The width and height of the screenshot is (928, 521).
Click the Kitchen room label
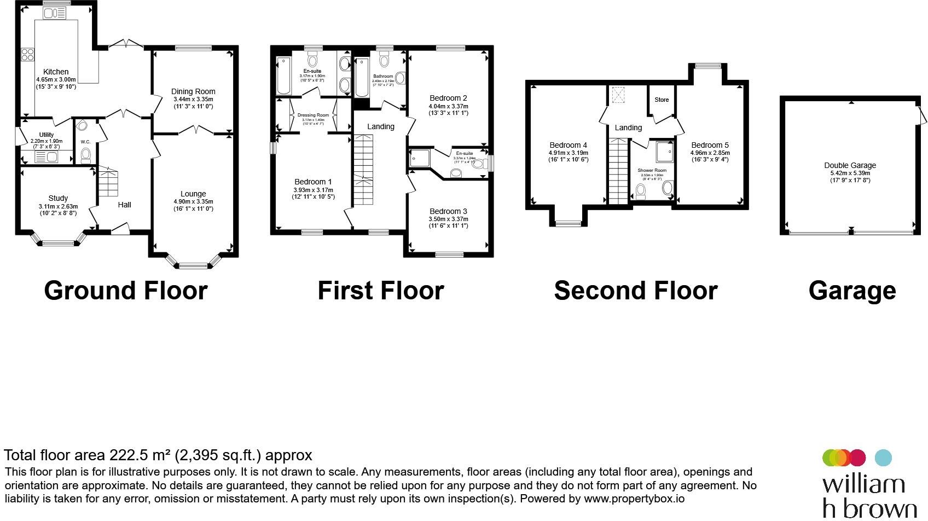[56, 72]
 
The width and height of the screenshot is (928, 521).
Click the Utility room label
[47, 135]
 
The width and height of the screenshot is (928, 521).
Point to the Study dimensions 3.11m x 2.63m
[58, 206]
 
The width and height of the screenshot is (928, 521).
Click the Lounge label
[193, 194]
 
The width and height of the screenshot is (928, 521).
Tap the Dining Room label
[193, 91]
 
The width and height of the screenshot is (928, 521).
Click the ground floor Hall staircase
[108, 183]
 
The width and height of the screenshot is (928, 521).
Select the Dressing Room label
[313, 115]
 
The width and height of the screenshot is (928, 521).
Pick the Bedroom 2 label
[448, 98]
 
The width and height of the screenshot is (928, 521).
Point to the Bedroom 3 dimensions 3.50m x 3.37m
[448, 219]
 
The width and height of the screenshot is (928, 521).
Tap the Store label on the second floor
[662, 100]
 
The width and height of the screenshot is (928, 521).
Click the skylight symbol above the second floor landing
[619, 95]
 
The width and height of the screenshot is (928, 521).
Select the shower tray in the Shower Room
[665, 152]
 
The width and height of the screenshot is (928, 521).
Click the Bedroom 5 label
[710, 145]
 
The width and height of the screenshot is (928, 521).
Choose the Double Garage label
[850, 165]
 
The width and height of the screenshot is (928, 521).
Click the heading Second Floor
[635, 291]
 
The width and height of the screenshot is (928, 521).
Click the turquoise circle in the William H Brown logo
[883, 458]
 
